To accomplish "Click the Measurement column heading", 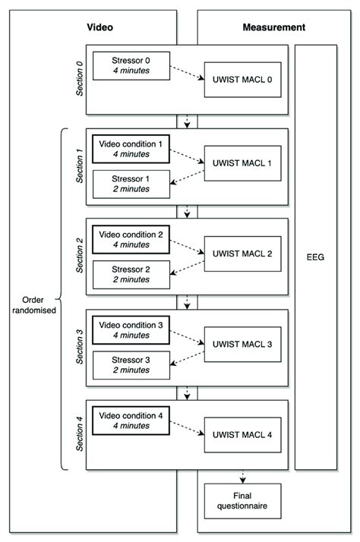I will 273,27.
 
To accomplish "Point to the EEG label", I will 315,257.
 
